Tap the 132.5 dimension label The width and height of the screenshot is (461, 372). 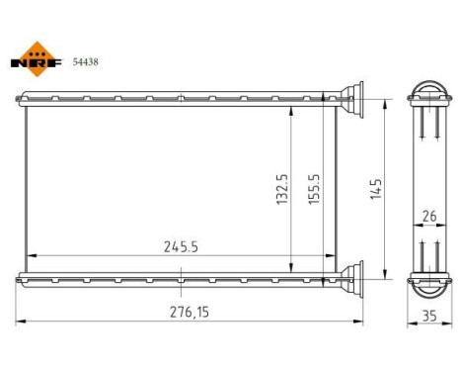281,189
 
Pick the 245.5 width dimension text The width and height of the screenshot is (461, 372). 178,248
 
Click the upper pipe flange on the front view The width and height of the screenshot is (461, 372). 351,98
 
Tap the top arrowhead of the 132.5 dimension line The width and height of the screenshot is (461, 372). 291,112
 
